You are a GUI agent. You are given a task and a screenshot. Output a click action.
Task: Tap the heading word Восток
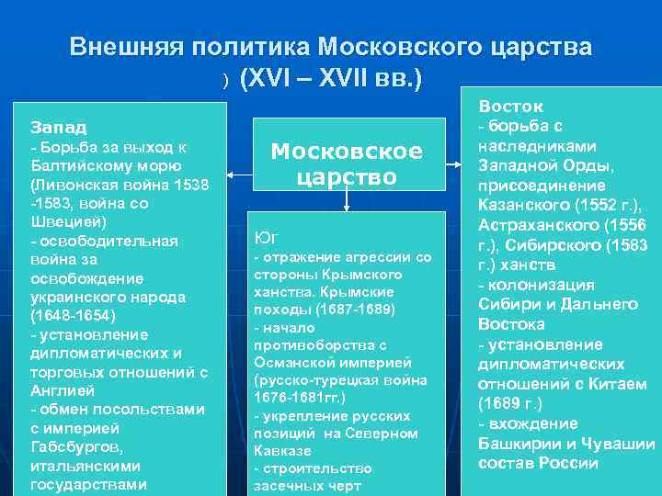510,107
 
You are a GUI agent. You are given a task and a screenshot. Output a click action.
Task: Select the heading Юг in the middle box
263,238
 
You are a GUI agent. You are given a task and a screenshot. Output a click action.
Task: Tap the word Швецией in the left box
59,221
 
